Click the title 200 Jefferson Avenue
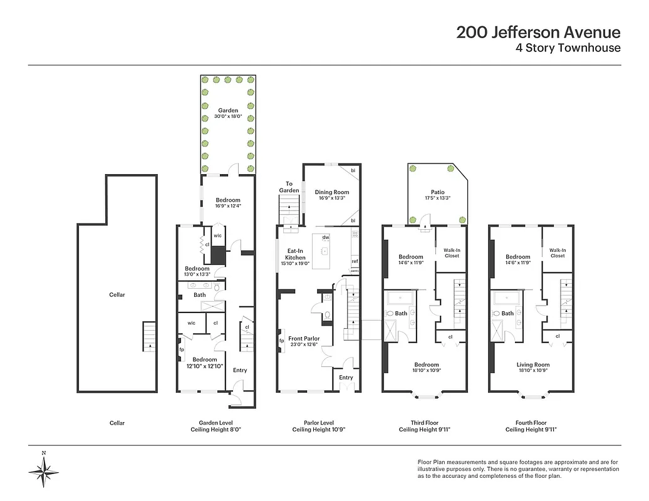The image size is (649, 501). (x=538, y=33)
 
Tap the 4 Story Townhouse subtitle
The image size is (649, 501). (x=568, y=48)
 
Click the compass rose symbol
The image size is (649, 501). (x=44, y=468)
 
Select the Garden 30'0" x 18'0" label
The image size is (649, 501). (x=228, y=114)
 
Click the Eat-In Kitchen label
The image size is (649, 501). (x=296, y=254)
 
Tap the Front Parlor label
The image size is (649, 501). (x=304, y=342)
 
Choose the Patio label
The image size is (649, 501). (x=437, y=195)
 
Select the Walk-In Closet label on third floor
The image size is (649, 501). (x=452, y=252)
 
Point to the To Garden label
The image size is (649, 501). (x=289, y=187)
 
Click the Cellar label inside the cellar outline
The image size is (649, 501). (x=117, y=295)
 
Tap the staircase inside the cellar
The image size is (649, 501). (x=148, y=337)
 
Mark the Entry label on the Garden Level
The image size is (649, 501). (x=240, y=370)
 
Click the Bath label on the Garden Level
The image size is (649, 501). (x=199, y=294)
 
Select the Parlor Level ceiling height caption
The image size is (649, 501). (x=319, y=426)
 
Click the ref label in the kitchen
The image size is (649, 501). (x=355, y=261)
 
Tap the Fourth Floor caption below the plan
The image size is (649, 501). (x=532, y=423)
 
